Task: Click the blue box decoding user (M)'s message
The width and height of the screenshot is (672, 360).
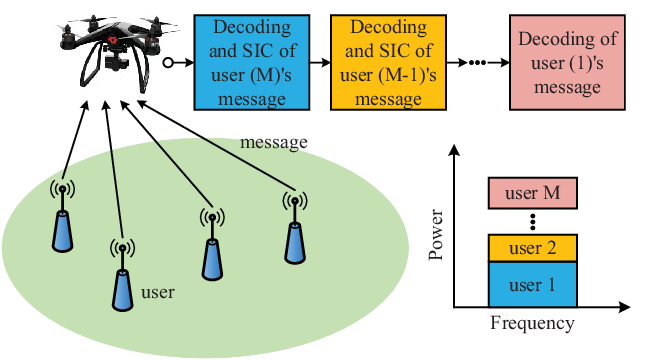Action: click(252, 63)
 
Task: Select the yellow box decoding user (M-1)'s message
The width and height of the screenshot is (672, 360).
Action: click(388, 63)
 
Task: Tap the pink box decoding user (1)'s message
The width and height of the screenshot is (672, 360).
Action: click(567, 63)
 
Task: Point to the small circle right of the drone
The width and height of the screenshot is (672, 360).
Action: click(168, 63)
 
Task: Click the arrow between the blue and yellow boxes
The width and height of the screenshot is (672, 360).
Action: click(320, 63)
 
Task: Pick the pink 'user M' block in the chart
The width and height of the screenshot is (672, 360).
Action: click(533, 193)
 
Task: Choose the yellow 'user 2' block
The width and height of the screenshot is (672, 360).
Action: click(533, 248)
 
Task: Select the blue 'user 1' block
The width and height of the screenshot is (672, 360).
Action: click(533, 285)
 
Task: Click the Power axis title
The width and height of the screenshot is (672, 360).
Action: click(435, 234)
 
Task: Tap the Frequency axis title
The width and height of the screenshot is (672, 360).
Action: click(532, 323)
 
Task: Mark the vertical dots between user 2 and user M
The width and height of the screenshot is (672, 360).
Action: click(533, 222)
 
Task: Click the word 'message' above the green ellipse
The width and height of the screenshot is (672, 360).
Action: click(273, 142)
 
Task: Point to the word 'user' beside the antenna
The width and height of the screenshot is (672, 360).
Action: click(158, 292)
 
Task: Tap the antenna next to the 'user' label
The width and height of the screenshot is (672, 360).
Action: click(123, 275)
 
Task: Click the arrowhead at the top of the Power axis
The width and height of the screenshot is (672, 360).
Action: click(454, 150)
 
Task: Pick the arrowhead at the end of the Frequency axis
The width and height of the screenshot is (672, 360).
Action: click(624, 307)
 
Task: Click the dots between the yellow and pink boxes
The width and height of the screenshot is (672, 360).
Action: click(477, 63)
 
